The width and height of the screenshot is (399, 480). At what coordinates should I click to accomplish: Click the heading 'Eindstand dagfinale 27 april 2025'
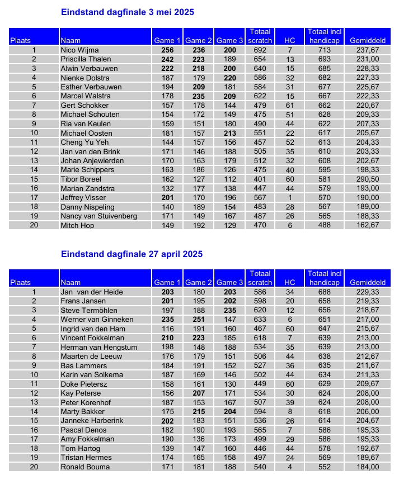point(132,254)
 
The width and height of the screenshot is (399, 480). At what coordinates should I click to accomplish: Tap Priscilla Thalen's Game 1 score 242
point(167,59)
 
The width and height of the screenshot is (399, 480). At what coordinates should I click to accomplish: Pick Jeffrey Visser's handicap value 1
point(290,198)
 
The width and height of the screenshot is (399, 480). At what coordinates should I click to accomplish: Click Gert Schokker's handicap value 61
point(290,106)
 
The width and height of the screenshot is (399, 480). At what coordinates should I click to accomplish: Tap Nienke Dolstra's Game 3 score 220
point(229,78)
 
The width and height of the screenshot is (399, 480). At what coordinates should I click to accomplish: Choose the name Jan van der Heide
point(92,292)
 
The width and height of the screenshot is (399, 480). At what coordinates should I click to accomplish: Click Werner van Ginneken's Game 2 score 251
point(199,319)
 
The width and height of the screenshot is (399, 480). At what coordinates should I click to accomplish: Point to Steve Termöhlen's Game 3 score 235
point(229,310)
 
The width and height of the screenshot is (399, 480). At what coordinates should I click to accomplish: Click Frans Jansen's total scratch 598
point(260,301)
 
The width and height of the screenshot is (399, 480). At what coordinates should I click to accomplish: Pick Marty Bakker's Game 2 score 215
point(199,412)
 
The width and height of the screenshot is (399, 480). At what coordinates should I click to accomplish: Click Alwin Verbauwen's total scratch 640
point(260,69)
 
